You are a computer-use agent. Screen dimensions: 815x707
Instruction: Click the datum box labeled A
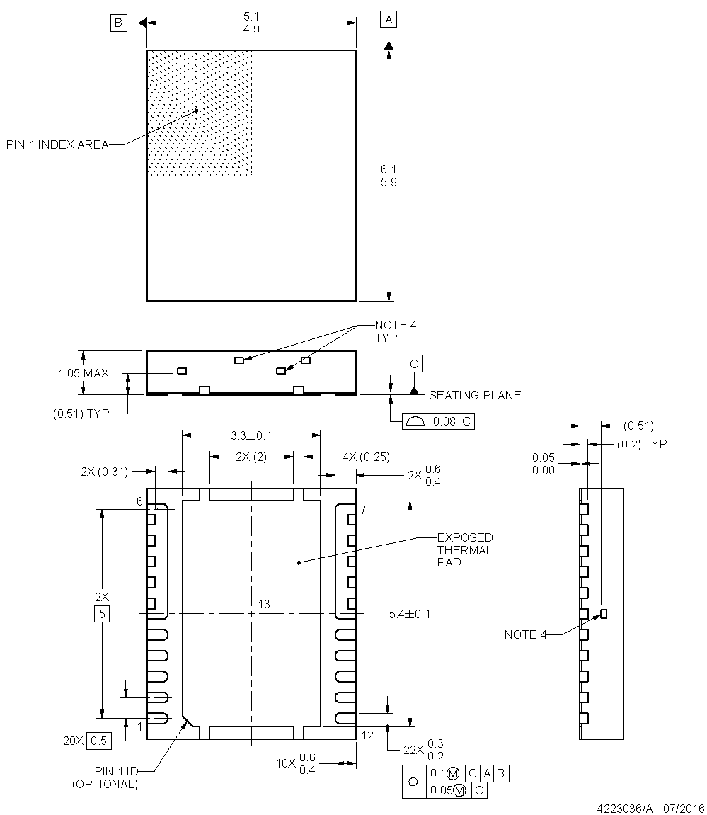(388, 20)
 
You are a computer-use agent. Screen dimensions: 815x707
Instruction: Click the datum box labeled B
(118, 23)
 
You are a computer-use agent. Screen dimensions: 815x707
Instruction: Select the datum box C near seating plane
(414, 364)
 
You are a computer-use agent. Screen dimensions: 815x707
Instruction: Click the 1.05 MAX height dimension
(84, 372)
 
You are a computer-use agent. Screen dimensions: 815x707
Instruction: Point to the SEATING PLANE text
(474, 395)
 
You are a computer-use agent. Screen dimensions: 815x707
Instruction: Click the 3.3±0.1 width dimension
(251, 435)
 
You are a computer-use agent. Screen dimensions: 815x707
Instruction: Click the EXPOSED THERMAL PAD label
(465, 549)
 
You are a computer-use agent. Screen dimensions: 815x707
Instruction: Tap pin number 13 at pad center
(264, 604)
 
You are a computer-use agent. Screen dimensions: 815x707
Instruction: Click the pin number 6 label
(140, 501)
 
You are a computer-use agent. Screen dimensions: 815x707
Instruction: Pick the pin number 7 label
(362, 510)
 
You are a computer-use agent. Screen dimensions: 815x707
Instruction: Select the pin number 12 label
(367, 735)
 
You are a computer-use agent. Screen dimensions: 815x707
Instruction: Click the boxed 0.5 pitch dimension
(99, 741)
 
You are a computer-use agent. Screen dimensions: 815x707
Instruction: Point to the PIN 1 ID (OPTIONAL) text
(105, 777)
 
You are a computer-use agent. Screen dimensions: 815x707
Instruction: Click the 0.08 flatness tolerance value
(444, 421)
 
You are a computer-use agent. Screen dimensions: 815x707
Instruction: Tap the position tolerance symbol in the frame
(414, 782)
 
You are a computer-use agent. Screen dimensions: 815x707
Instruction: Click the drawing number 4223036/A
(625, 807)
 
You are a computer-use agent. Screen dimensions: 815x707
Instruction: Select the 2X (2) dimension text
(251, 457)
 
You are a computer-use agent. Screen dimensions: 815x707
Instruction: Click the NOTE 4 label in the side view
(525, 634)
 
